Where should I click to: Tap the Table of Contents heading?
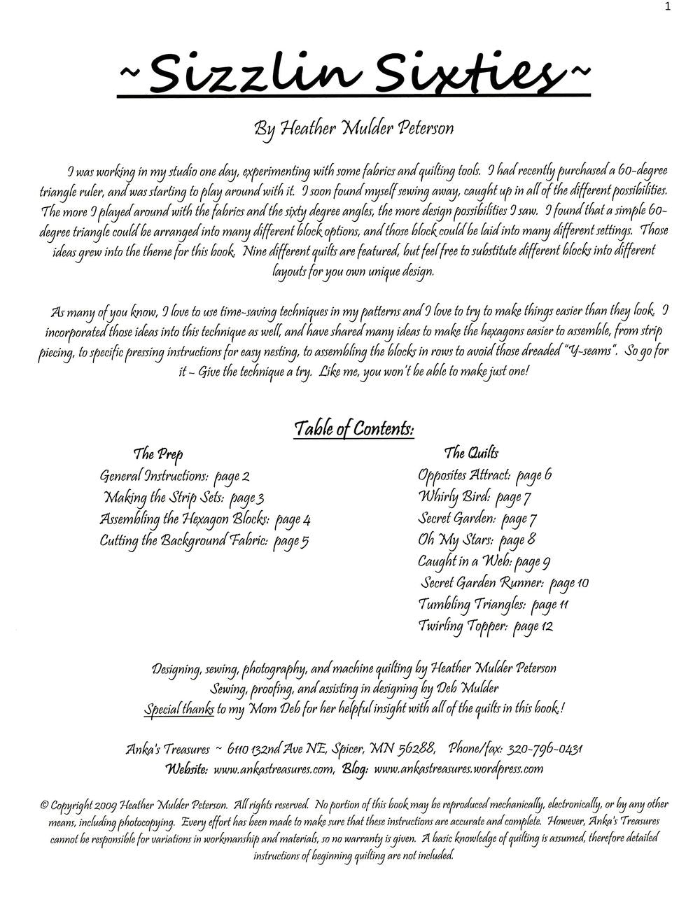(x=354, y=428)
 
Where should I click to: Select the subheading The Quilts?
(x=471, y=454)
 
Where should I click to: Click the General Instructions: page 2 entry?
(x=175, y=477)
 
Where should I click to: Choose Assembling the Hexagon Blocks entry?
(x=204, y=519)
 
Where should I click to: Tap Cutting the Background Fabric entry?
(x=204, y=541)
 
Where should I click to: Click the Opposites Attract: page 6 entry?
(x=484, y=476)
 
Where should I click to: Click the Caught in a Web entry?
(x=484, y=561)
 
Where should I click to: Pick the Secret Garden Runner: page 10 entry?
(x=505, y=582)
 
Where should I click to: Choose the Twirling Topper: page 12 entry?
(x=485, y=626)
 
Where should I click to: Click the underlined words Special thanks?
(x=178, y=709)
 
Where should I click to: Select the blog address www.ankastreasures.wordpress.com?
(x=458, y=768)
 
